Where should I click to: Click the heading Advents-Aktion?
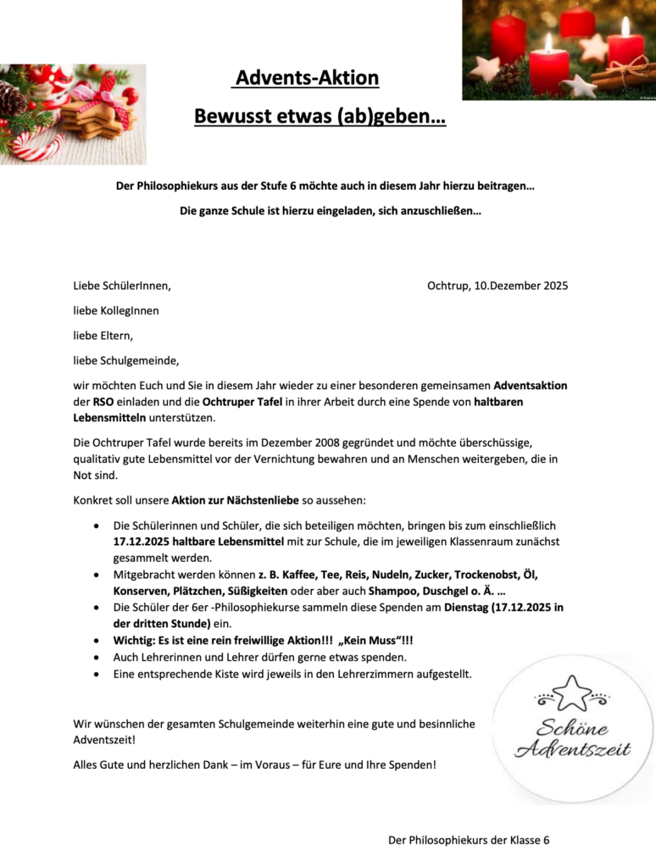click(x=307, y=79)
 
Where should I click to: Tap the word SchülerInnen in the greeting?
click(x=136, y=286)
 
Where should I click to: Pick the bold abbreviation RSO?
click(x=103, y=401)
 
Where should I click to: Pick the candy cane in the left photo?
click(x=34, y=146)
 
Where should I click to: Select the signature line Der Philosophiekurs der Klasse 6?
click(x=469, y=840)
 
